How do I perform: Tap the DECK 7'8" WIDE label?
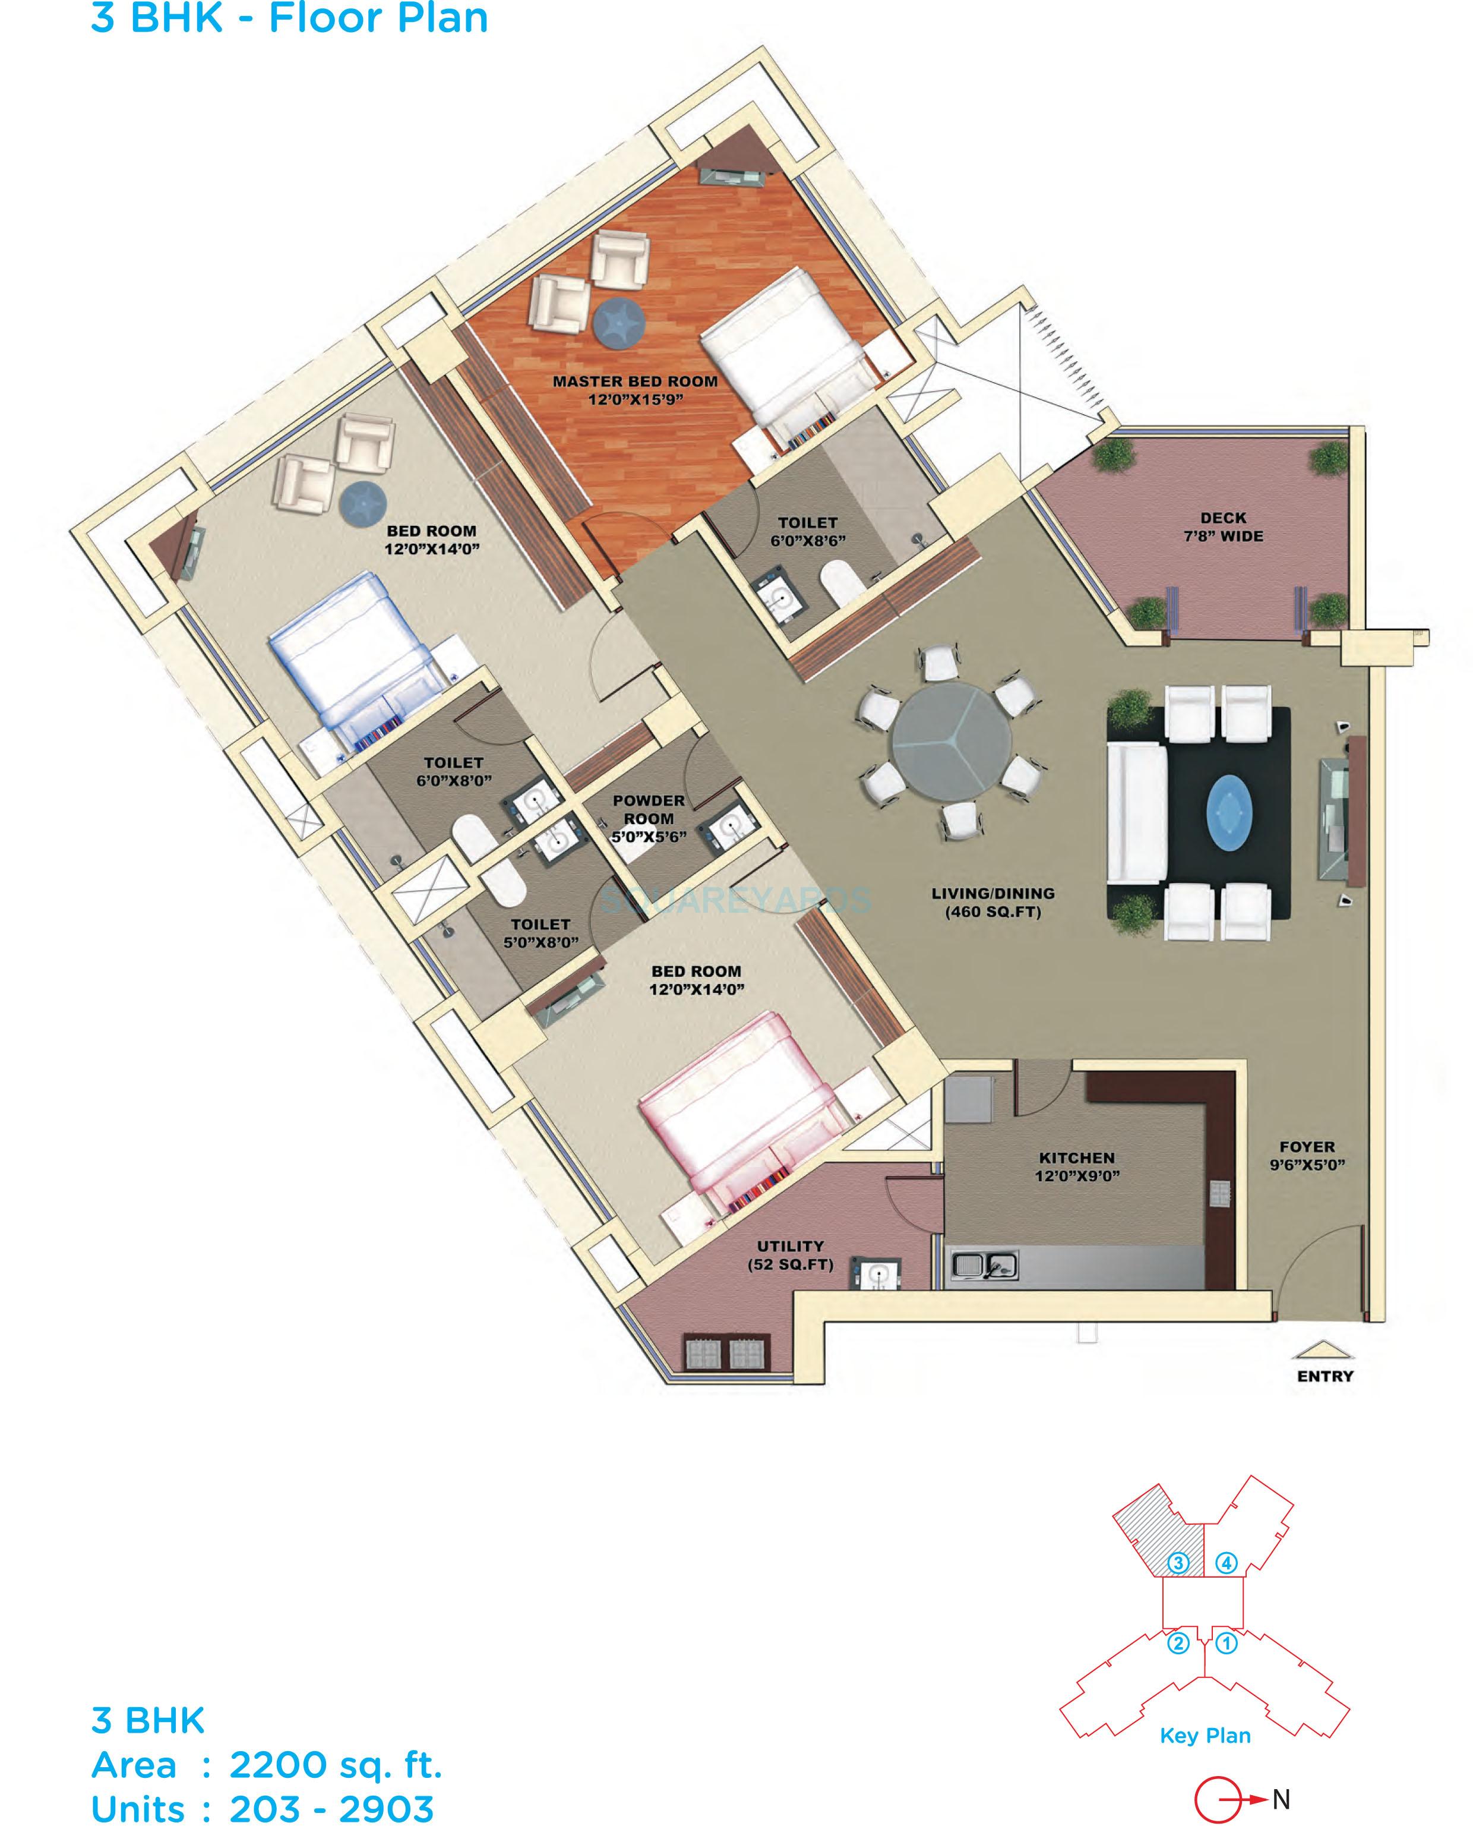pyautogui.click(x=1223, y=526)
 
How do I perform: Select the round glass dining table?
pyautogui.click(x=950, y=743)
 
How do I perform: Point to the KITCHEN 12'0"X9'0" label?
pyautogui.click(x=1077, y=1166)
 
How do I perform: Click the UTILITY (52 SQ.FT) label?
pyautogui.click(x=790, y=1255)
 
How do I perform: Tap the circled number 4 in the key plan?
pyautogui.click(x=1226, y=1562)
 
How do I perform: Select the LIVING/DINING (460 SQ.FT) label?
pyautogui.click(x=992, y=903)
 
